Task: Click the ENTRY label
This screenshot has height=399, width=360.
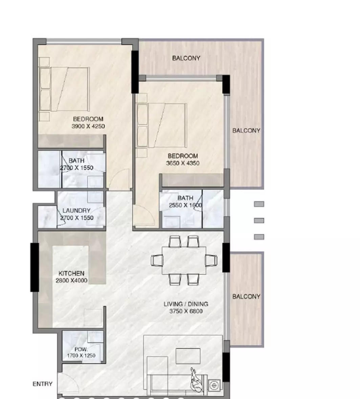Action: (42, 384)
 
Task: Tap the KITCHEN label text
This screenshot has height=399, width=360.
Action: (71, 273)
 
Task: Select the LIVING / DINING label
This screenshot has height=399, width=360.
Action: (186, 304)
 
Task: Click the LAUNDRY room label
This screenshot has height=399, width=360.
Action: (76, 211)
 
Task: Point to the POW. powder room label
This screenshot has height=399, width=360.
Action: (81, 349)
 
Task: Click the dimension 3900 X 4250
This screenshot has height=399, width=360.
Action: (88, 126)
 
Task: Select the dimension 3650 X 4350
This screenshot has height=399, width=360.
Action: (183, 163)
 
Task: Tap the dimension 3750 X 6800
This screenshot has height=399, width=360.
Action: (186, 311)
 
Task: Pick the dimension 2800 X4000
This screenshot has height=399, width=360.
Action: (71, 280)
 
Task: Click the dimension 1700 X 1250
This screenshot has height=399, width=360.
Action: (81, 356)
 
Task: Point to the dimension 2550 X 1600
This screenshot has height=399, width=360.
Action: (185, 205)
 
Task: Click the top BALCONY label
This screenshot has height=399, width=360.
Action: (186, 58)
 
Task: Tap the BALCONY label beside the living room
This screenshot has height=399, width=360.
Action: (246, 297)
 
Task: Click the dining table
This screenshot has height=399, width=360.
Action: (184, 260)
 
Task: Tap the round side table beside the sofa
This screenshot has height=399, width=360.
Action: (214, 385)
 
